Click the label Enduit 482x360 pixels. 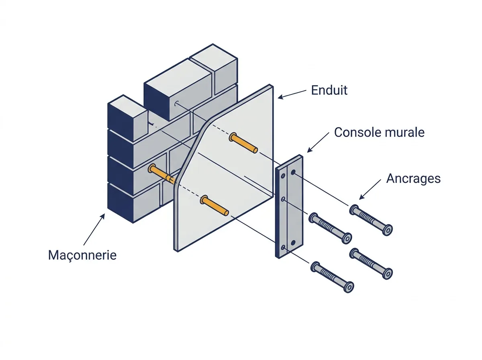(329, 90)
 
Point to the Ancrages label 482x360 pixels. (413, 178)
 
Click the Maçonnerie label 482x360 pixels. (82, 255)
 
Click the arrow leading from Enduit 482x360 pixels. (292, 94)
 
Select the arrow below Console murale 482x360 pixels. (318, 142)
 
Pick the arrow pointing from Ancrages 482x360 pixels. (370, 189)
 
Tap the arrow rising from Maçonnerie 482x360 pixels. (94, 229)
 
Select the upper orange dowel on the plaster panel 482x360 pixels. (243, 143)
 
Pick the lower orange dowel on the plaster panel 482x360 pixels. (214, 206)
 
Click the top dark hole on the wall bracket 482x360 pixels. (293, 172)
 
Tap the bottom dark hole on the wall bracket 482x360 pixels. (293, 243)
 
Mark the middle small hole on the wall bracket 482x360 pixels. (283, 199)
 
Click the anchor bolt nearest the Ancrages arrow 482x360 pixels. (371, 220)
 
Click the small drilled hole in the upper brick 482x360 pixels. (176, 103)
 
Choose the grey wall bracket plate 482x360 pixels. (289, 207)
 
